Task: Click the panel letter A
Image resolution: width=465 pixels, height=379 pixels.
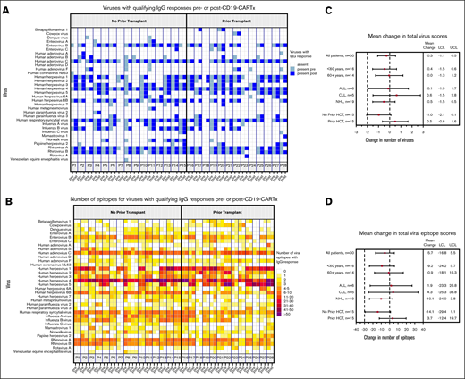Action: pyautogui.click(x=5, y=4)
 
